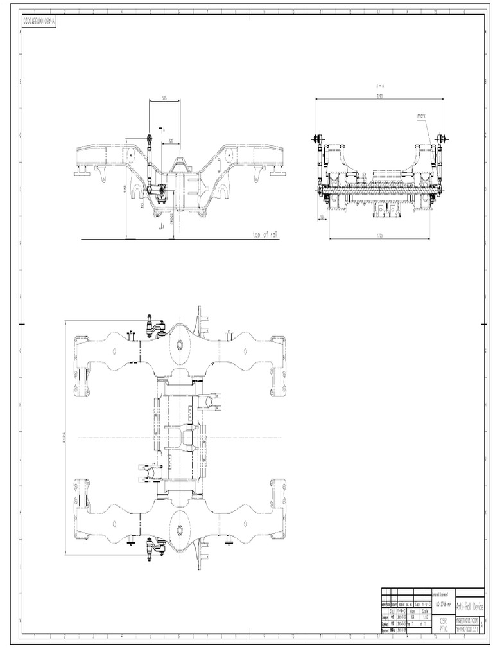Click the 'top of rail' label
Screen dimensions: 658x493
coord(264,235)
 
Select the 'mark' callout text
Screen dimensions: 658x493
coord(421,116)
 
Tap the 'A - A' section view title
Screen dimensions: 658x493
coord(379,85)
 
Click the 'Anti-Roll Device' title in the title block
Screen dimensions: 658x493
coord(469,606)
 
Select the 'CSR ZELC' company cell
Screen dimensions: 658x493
coord(444,625)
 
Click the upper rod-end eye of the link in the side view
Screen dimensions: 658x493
coord(150,138)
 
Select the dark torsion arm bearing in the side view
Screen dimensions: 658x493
coord(157,191)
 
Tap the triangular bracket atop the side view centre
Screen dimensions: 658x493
coord(179,163)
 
